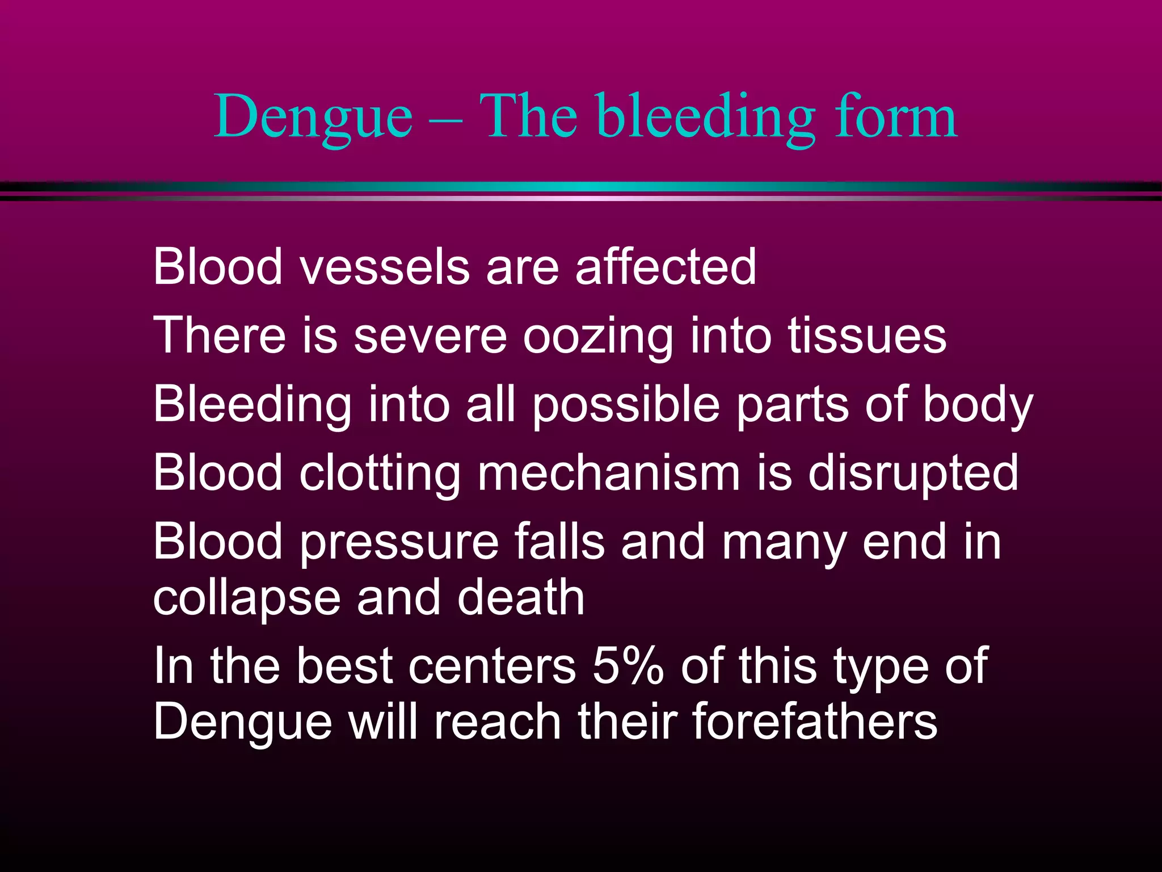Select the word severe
pyautogui.click(x=430, y=336)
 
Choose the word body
pyautogui.click(x=978, y=404)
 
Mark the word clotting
pyautogui.click(x=380, y=473)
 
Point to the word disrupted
pyautogui.click(x=913, y=473)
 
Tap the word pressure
pyautogui.click(x=399, y=542)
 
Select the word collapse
pyautogui.click(x=246, y=599)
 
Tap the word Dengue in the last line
pyautogui.click(x=242, y=722)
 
